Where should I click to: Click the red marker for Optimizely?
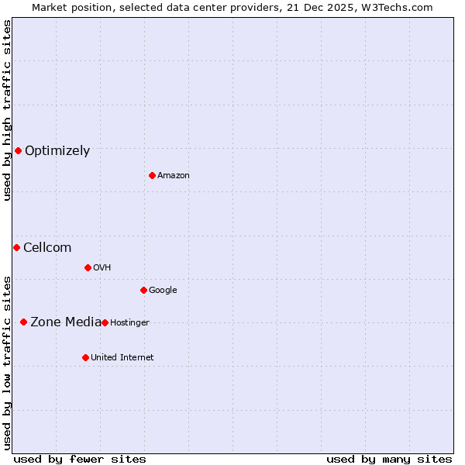pyautogui.click(x=18, y=150)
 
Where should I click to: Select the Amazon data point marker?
pyautogui.click(x=152, y=175)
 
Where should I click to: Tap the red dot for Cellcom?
pyautogui.click(x=16, y=247)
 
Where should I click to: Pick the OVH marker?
pyautogui.click(x=88, y=267)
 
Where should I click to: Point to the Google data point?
pyautogui.click(x=143, y=290)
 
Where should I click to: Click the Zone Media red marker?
pyautogui.click(x=23, y=322)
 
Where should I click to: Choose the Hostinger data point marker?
pyautogui.click(x=105, y=322)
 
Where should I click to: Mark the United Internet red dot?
pyautogui.click(x=85, y=357)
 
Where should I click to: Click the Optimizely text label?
pyautogui.click(x=57, y=151)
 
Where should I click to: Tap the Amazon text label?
pyautogui.click(x=174, y=176)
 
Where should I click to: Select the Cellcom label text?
pyautogui.click(x=47, y=248)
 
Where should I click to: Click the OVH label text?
pyautogui.click(x=102, y=268)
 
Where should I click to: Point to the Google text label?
pyautogui.click(x=163, y=291)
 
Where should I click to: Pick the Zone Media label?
pyautogui.click(x=66, y=322)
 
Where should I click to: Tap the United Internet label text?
pyautogui.click(x=122, y=358)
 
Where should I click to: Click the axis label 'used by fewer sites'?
pyautogui.click(x=80, y=459)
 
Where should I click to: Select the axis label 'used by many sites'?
pyautogui.click(x=389, y=459)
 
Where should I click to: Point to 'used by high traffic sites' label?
pyautogui.click(x=8, y=110)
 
